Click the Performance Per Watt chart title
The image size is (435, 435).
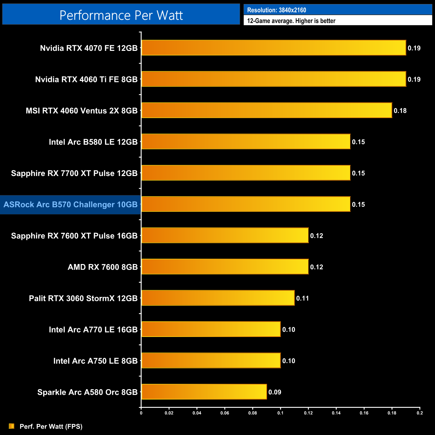coord(121,15)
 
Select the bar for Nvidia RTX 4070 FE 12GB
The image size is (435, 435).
coord(273,48)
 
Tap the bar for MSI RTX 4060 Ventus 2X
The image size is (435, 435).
coord(266,110)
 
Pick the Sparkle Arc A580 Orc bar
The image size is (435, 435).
coord(204,392)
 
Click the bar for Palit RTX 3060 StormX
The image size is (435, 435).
coord(218,298)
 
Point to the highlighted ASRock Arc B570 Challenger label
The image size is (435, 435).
coord(71,204)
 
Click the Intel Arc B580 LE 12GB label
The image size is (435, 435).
coord(93,142)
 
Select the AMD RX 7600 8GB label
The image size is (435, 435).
coord(103,267)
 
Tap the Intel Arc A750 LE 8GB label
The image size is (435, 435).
coord(95,361)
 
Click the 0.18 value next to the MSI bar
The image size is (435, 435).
coord(400,111)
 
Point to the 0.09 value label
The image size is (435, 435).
coord(275,392)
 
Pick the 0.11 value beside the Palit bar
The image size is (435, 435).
coord(302,298)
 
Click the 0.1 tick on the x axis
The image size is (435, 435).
coord(280,413)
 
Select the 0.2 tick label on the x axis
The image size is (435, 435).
coord(420,413)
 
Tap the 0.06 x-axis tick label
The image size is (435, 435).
coord(225,413)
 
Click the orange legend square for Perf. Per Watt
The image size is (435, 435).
coord(12,426)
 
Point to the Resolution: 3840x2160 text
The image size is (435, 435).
coord(276,10)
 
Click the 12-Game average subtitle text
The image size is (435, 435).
coord(291,21)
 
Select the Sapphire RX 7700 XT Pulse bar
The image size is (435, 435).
coord(246,173)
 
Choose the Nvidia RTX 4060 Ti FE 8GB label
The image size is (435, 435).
coord(86,79)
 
